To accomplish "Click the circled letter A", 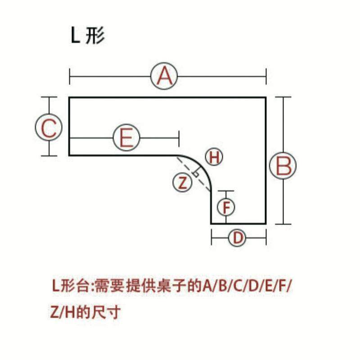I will pos(164,76).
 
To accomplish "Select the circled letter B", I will pos(283,166).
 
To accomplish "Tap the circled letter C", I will pos(49,128).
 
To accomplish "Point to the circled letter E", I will pos(126,138).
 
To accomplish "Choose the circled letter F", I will pos(226,207).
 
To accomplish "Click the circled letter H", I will pos(214,157).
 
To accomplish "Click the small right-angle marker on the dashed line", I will pos(195,173).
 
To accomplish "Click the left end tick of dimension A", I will pos(70,76).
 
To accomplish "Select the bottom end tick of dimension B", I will pos(283,224).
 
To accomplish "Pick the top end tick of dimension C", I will pos(49,97).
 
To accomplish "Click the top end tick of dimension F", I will pos(226,191).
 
